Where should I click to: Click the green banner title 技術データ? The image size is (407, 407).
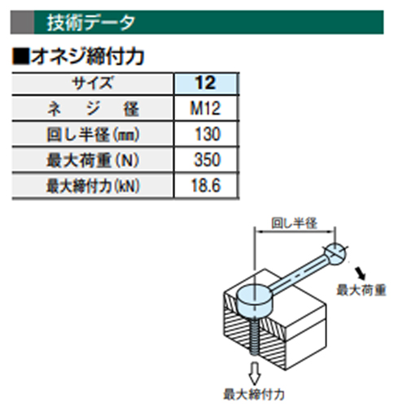[x=90, y=23]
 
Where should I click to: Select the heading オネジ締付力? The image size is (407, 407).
[x=87, y=57]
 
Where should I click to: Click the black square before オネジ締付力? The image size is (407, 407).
[x=20, y=57]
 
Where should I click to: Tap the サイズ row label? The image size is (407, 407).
[x=92, y=83]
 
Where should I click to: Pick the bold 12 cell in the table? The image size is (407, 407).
[x=206, y=83]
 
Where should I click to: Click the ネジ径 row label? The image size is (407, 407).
[x=93, y=108]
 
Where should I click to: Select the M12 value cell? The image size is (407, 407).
[x=205, y=108]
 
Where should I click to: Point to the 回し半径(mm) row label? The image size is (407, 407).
[x=93, y=134]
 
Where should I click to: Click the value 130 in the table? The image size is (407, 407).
[x=208, y=133]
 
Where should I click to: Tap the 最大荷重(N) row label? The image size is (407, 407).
[x=93, y=160]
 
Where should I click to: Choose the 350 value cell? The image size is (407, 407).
[x=208, y=160]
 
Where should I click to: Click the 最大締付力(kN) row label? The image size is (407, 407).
[x=93, y=186]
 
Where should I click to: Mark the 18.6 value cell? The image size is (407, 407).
[x=206, y=186]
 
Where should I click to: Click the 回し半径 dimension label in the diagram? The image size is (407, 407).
[x=294, y=223]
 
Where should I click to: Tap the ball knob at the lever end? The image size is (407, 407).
[x=335, y=254]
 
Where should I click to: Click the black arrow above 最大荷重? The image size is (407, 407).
[x=361, y=274]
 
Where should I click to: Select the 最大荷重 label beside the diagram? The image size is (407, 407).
[x=361, y=291]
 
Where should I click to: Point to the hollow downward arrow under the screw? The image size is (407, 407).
[x=254, y=374]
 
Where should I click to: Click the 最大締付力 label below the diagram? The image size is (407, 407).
[x=254, y=394]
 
